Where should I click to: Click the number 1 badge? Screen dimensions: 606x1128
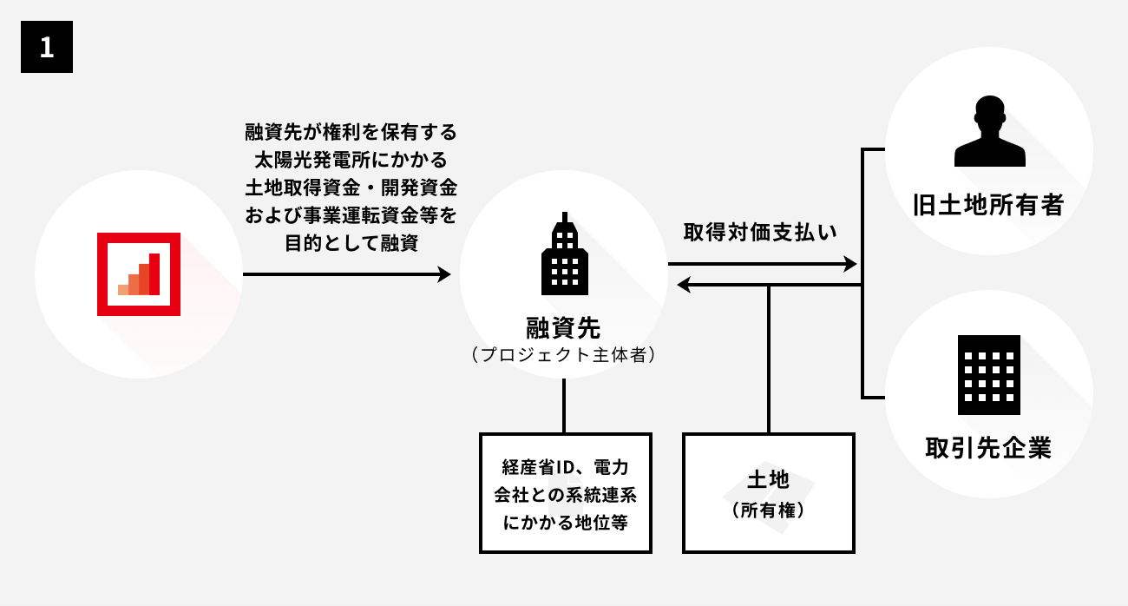[47, 48]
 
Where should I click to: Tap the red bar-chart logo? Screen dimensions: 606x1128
[139, 274]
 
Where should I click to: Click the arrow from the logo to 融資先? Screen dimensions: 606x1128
[346, 274]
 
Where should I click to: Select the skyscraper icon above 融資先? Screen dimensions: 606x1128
[564, 252]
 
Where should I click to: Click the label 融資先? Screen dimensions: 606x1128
[563, 328]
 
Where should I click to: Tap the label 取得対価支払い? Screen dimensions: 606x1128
[760, 233]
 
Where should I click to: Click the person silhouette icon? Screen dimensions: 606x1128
[989, 132]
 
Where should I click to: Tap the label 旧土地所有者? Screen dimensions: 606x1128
[988, 205]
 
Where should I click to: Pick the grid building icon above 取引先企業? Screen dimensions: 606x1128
[989, 375]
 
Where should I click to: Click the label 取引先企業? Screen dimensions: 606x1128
[988, 448]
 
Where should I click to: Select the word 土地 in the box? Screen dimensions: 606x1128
[768, 479]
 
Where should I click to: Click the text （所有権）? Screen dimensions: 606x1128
[768, 510]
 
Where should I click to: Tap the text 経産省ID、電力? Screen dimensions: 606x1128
[565, 467]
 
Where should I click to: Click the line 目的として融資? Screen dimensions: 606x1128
[351, 243]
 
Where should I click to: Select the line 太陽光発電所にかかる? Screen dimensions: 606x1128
[351, 161]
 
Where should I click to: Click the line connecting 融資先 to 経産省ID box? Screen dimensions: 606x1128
[564, 405]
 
